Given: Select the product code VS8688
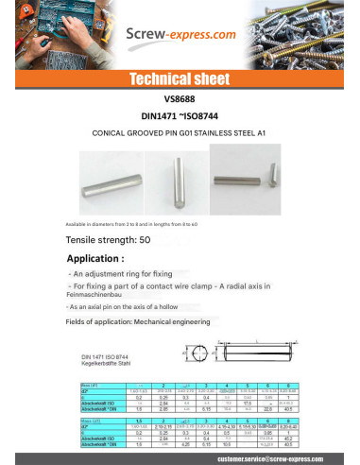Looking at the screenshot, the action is click(x=180, y=97).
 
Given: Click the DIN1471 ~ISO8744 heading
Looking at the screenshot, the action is click(x=180, y=112).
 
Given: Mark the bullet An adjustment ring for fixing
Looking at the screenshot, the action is click(x=122, y=271).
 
